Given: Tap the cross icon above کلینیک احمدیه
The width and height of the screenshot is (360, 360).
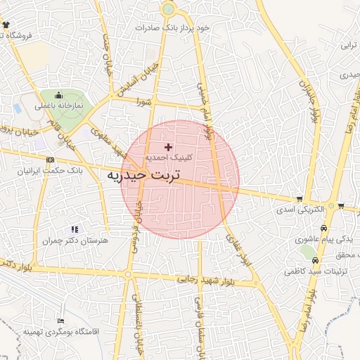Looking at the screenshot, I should (167, 147).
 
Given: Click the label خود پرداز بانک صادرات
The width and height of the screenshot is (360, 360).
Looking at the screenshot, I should (174, 27).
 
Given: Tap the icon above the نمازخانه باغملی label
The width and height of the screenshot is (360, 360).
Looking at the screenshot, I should (58, 96).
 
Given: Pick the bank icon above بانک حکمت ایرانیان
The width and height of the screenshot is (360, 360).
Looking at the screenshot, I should (49, 160).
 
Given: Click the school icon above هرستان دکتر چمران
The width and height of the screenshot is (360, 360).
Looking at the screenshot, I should (75, 229).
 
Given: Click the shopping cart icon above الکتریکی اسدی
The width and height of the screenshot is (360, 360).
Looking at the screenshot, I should (300, 199).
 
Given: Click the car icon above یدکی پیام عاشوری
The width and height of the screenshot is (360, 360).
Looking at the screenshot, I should (323, 229).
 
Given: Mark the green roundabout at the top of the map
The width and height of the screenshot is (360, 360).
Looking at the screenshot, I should (168, 9).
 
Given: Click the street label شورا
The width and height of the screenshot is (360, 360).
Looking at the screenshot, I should (145, 101).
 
